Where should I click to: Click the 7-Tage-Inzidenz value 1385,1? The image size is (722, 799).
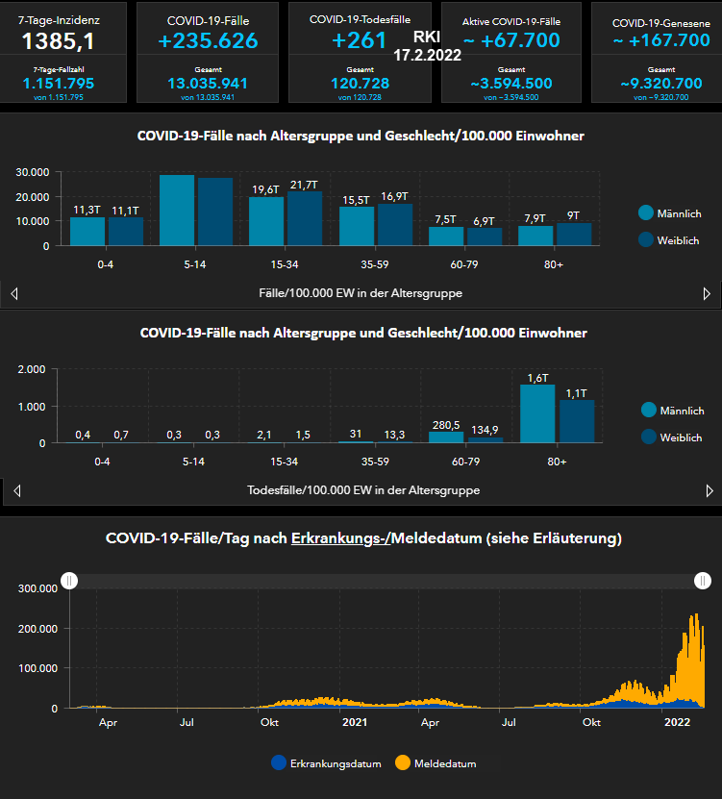pos(58,40)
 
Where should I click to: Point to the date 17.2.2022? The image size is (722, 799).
pos(428,56)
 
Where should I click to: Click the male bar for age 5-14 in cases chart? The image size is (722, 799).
pos(177,211)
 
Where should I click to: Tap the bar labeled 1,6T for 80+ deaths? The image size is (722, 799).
pos(537,413)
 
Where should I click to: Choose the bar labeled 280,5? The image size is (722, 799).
pos(446,437)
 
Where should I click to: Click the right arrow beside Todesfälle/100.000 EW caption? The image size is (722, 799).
pos(709,491)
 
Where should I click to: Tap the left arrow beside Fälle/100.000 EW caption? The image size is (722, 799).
pos(13,294)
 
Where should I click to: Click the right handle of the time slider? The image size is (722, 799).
pos(703,581)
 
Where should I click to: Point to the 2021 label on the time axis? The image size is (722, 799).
pos(355,722)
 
